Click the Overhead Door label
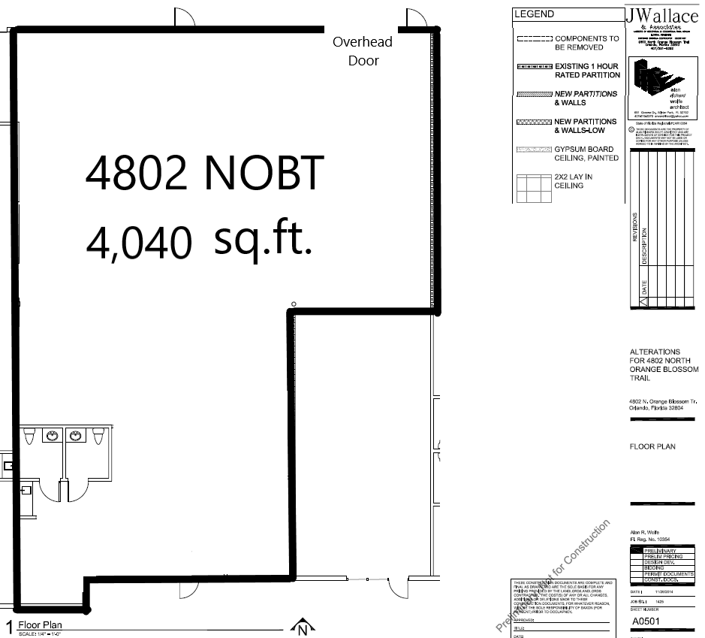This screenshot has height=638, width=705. point(363,51)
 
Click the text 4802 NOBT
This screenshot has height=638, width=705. point(204,174)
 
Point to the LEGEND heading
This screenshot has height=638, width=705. point(535,14)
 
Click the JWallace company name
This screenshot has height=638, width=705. point(661,15)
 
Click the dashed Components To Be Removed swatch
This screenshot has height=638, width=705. point(534,38)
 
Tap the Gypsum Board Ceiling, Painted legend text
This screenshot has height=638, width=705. point(586,154)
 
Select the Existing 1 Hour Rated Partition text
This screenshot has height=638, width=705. point(586,71)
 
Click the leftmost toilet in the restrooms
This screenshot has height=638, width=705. point(30,437)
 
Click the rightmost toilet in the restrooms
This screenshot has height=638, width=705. point(101,437)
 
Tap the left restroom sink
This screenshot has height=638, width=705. point(53,436)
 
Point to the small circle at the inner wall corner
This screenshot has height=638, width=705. point(293,304)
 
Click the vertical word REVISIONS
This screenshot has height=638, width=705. point(634,228)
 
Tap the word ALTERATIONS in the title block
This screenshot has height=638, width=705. point(655,352)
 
